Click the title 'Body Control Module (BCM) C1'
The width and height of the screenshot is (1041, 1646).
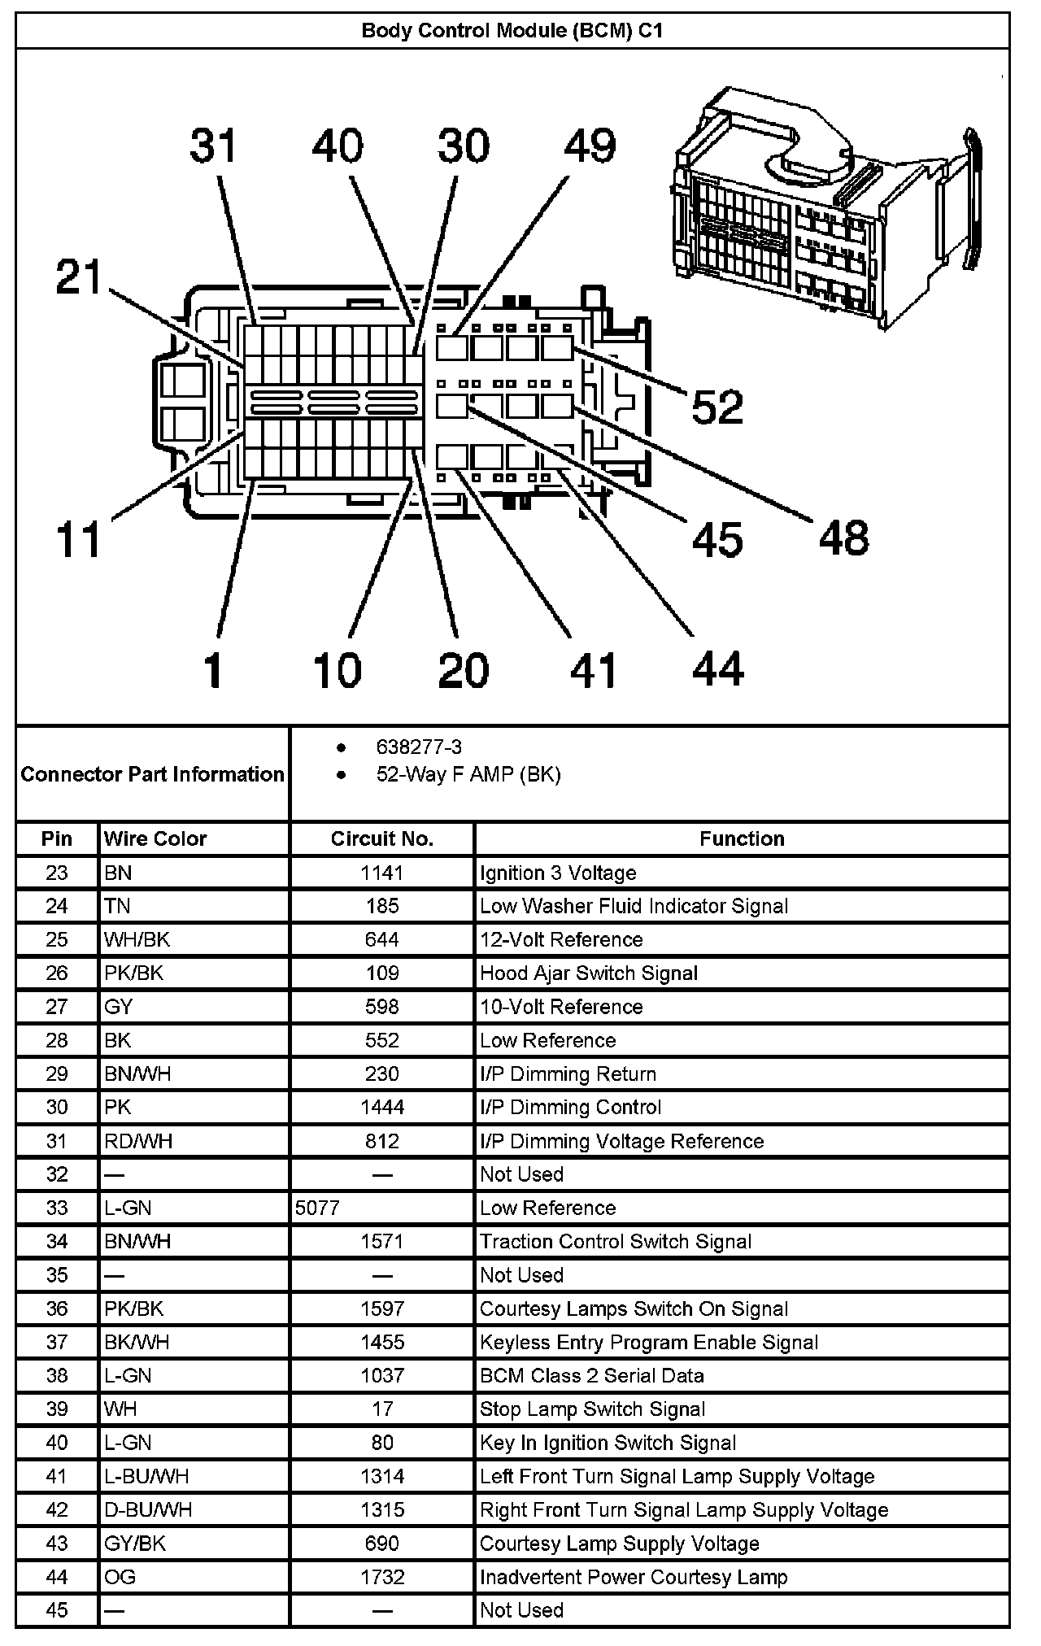pyautogui.click(x=512, y=31)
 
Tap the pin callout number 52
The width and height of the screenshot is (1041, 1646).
pyautogui.click(x=717, y=407)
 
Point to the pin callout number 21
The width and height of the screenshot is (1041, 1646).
pyautogui.click(x=79, y=277)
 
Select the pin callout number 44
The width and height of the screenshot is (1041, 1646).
pyautogui.click(x=718, y=668)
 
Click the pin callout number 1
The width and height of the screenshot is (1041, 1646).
pyautogui.click(x=213, y=670)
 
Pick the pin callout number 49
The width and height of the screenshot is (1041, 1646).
pyautogui.click(x=590, y=146)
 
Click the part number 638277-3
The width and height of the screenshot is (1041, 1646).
pyautogui.click(x=419, y=747)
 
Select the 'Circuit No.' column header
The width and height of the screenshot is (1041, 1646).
pyautogui.click(x=381, y=838)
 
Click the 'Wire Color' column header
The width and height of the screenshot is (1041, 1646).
pyautogui.click(x=155, y=838)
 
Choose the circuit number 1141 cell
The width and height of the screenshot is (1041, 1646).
pyautogui.click(x=381, y=873)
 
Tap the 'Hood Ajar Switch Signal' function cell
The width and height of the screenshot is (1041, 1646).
pyautogui.click(x=589, y=973)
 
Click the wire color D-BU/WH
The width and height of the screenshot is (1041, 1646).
pyautogui.click(x=148, y=1509)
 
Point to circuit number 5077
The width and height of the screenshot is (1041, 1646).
pyautogui.click(x=317, y=1208)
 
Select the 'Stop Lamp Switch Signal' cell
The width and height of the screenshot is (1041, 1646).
pyautogui.click(x=592, y=1409)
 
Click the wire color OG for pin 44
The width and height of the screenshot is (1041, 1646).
pyautogui.click(x=120, y=1577)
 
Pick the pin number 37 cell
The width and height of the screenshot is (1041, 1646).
pyautogui.click(x=57, y=1342)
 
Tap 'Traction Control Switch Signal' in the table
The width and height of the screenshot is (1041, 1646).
pyautogui.click(x=616, y=1241)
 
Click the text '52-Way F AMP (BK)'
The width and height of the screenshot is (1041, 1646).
pyautogui.click(x=468, y=774)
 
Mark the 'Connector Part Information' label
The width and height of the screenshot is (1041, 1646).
pyautogui.click(x=153, y=774)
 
